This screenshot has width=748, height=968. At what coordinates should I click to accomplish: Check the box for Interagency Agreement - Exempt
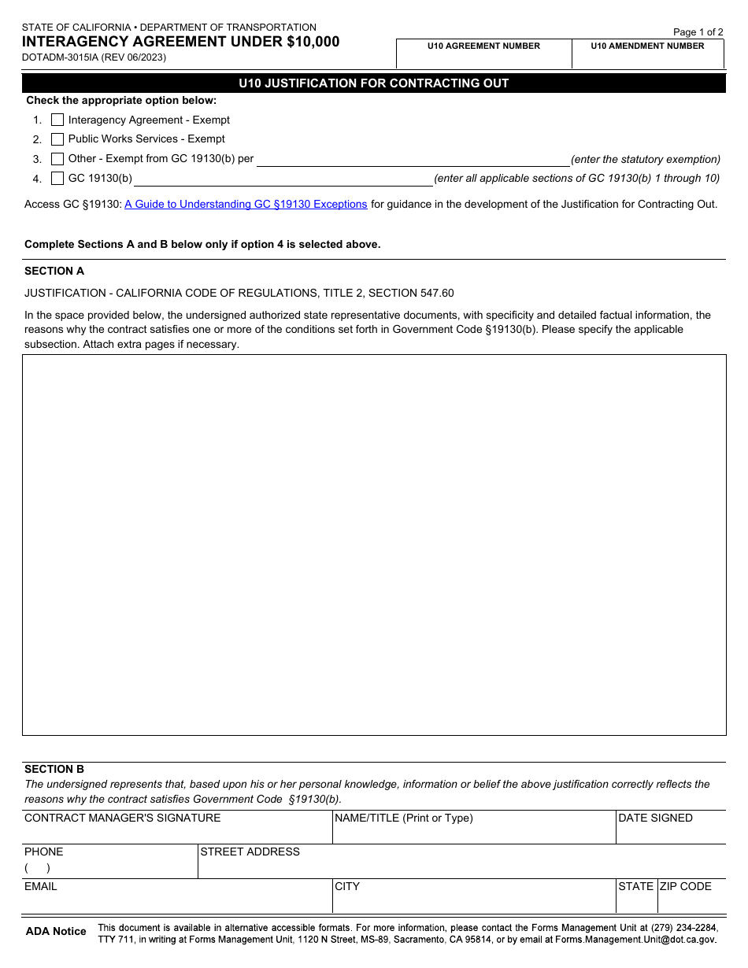[57, 120]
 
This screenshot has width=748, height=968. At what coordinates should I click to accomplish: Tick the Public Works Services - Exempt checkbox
[57, 139]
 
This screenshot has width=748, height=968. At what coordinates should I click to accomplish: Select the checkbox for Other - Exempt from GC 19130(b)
[57, 159]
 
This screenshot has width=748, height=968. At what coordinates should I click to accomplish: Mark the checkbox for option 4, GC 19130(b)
[57, 179]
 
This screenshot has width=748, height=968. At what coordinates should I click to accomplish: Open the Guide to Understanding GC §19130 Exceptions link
[246, 205]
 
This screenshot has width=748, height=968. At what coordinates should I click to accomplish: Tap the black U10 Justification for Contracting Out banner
[374, 83]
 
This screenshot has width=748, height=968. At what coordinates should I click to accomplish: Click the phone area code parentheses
[37, 869]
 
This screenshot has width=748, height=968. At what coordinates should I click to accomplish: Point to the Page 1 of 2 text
[698, 32]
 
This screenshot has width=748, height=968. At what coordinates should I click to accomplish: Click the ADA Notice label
[56, 932]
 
